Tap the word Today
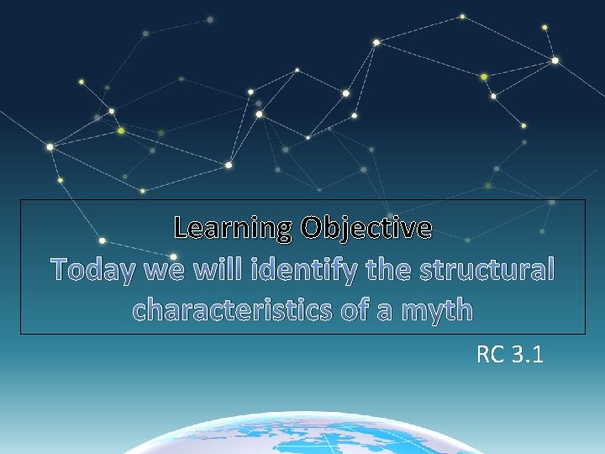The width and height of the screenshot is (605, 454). click(94, 270)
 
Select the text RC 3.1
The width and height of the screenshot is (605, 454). click(509, 356)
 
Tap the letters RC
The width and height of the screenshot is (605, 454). click(489, 356)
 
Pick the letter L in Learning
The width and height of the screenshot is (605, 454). click(181, 227)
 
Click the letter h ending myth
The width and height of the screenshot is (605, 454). click(463, 309)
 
